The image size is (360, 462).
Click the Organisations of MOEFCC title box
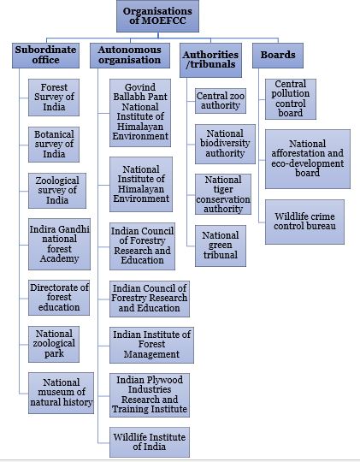157,16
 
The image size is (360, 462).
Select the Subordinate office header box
45,56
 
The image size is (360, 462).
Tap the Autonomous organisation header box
130,56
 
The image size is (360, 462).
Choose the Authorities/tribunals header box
210,60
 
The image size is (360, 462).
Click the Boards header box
278,56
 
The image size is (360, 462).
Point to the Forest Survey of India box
54,98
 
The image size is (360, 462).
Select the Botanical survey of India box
54,145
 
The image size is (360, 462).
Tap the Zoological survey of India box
57,191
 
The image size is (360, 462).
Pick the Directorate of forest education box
59,298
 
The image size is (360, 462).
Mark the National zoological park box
54,344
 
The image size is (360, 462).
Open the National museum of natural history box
62,393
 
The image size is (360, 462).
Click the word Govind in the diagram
140,87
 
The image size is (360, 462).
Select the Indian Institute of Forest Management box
151,345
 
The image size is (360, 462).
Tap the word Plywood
166,380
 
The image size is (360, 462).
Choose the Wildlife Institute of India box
150,442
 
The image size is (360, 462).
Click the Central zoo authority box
221,101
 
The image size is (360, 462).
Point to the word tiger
223,189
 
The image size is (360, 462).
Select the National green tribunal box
221,246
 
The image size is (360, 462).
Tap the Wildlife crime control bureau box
304,222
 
